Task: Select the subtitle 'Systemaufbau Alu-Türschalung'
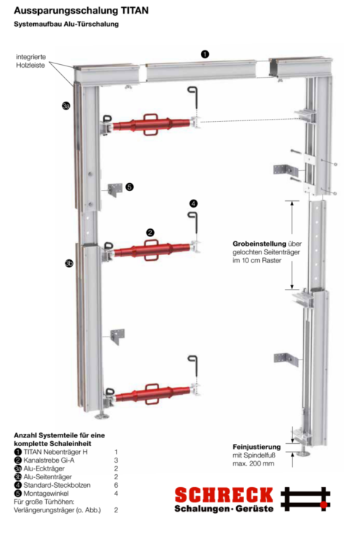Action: pyautogui.click(x=66, y=25)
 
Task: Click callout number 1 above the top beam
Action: pyautogui.click(x=205, y=54)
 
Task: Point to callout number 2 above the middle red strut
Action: pyautogui.click(x=150, y=232)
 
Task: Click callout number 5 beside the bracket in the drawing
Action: pyautogui.click(x=130, y=187)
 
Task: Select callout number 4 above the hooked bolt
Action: pyautogui.click(x=193, y=203)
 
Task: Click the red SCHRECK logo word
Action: pyautogui.click(x=224, y=494)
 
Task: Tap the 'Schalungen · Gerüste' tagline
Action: pyautogui.click(x=224, y=509)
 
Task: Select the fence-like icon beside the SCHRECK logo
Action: pyautogui.click(x=305, y=499)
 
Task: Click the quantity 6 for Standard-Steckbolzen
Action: pyautogui.click(x=115, y=485)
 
